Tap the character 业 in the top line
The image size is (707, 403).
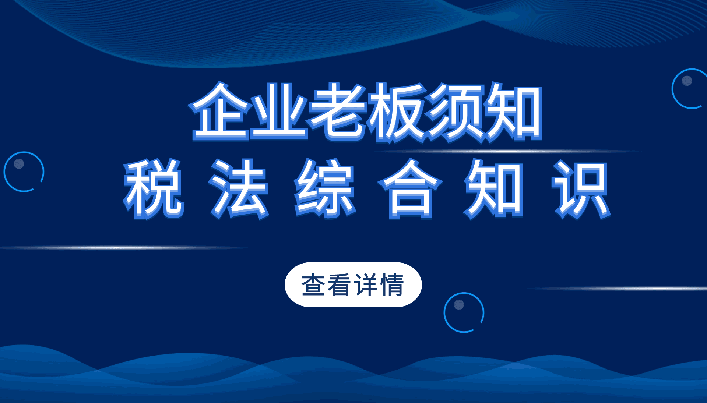(x=279, y=112)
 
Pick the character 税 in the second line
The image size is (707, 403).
(x=154, y=189)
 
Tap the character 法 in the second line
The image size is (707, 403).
(x=239, y=189)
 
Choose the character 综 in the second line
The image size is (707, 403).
(x=325, y=189)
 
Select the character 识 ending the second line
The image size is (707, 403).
(x=581, y=189)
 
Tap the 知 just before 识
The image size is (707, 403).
(x=493, y=189)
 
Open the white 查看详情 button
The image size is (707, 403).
(x=353, y=284)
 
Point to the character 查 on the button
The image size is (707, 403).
(x=313, y=285)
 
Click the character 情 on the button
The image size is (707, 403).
(x=393, y=285)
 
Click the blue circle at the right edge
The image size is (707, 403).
(x=672, y=89)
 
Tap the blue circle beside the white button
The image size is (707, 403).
(x=444, y=312)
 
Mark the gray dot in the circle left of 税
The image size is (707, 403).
(x=19, y=164)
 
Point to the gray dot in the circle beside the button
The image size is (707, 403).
(x=459, y=304)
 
